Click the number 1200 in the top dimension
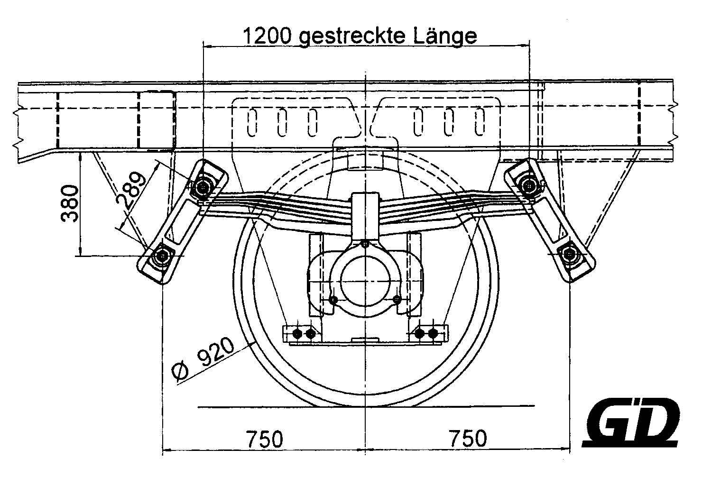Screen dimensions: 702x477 pyautogui.click(x=267, y=36)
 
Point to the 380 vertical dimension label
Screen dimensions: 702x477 pyautogui.click(x=70, y=203)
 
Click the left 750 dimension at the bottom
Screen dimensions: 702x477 pyautogui.click(x=265, y=439)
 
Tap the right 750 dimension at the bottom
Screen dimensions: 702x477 pyautogui.click(x=468, y=439)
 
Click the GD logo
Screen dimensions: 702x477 pyautogui.click(x=630, y=422)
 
